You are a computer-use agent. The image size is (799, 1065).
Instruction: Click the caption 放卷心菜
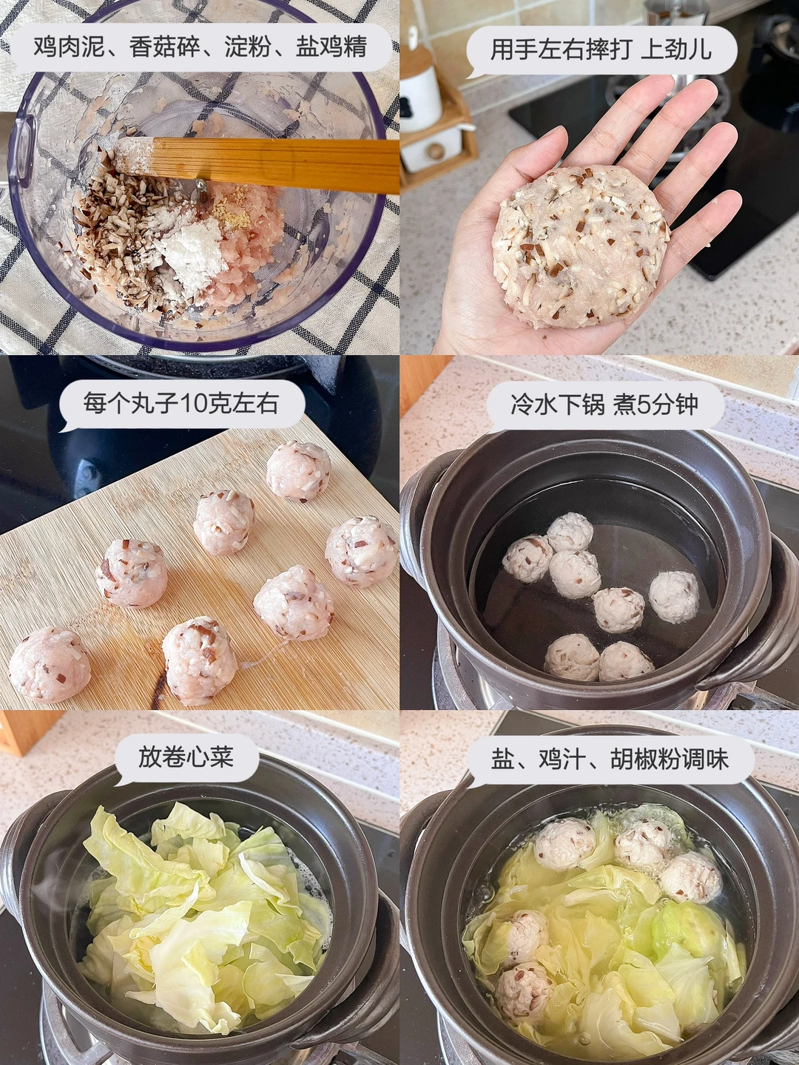click(x=186, y=757)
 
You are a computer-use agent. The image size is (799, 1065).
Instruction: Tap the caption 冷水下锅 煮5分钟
click(x=604, y=404)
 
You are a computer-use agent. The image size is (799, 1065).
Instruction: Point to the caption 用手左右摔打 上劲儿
click(x=601, y=50)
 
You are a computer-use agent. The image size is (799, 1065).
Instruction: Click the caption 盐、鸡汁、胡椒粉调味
click(x=610, y=757)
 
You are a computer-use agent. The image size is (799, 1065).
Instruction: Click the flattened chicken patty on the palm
click(x=581, y=248)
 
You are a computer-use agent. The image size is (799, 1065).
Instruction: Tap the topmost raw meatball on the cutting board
click(x=298, y=472)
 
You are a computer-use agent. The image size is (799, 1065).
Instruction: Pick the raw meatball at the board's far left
click(x=50, y=664)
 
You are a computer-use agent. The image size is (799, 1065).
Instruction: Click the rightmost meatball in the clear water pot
click(x=675, y=597)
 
